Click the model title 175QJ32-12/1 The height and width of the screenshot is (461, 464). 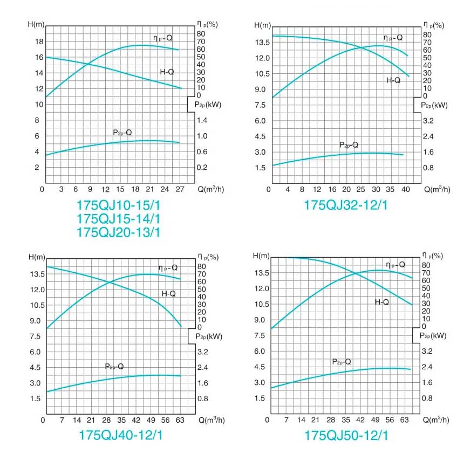click(x=346, y=205)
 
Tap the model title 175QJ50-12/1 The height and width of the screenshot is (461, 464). click(x=346, y=435)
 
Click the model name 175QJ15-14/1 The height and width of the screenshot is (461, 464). click(x=119, y=219)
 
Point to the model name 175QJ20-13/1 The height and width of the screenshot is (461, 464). click(x=119, y=233)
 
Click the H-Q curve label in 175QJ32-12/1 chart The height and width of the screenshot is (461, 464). click(x=393, y=80)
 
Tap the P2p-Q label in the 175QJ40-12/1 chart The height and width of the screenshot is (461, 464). click(x=114, y=367)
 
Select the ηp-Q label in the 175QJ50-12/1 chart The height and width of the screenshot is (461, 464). click(x=395, y=265)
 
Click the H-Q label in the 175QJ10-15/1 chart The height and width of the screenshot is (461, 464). click(x=167, y=72)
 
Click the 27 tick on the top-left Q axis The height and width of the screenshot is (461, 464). click(x=180, y=189)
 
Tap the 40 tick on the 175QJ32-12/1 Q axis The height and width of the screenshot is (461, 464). click(x=406, y=189)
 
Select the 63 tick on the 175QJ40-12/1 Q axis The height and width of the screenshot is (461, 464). click(x=180, y=420)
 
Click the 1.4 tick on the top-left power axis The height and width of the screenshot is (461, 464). click(x=202, y=121)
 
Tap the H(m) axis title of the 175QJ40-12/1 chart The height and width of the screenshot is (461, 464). click(x=37, y=256)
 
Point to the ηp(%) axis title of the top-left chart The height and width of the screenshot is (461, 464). click(x=207, y=25)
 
